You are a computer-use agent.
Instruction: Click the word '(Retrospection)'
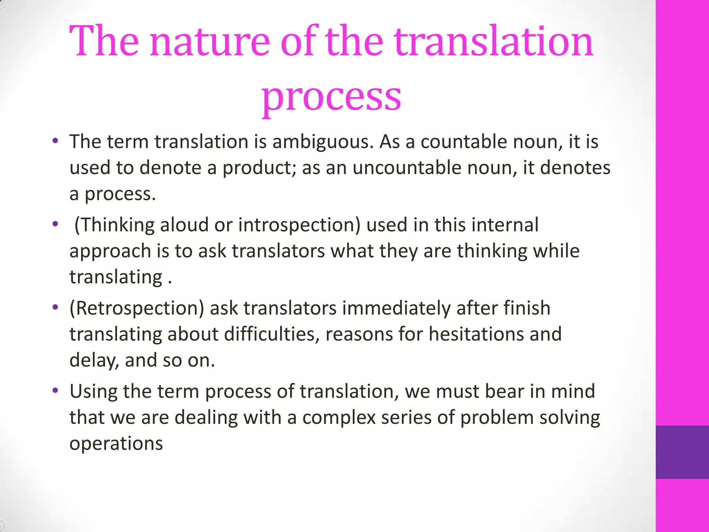point(137,308)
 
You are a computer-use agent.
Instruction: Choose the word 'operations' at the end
point(116,444)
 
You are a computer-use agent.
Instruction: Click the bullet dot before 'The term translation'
point(55,141)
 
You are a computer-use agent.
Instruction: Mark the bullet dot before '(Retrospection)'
point(55,308)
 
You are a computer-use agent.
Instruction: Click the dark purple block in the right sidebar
point(682,452)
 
